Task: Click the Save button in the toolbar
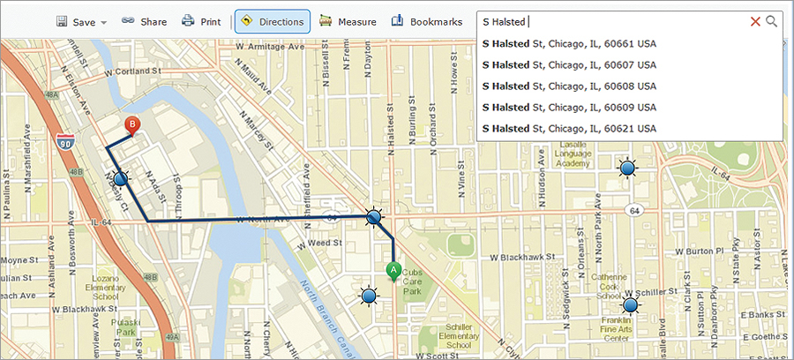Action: [80, 21]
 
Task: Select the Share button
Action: [144, 21]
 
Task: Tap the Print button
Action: [201, 21]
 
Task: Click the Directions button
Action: [273, 21]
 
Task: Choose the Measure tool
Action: [348, 21]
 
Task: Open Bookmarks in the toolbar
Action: [427, 21]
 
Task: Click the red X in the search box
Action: [755, 21]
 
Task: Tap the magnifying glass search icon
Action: [772, 21]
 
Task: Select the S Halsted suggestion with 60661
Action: [569, 44]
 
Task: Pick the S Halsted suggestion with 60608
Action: [569, 86]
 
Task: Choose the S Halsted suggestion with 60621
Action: [569, 129]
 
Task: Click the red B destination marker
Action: [132, 126]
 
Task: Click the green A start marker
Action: [393, 270]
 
